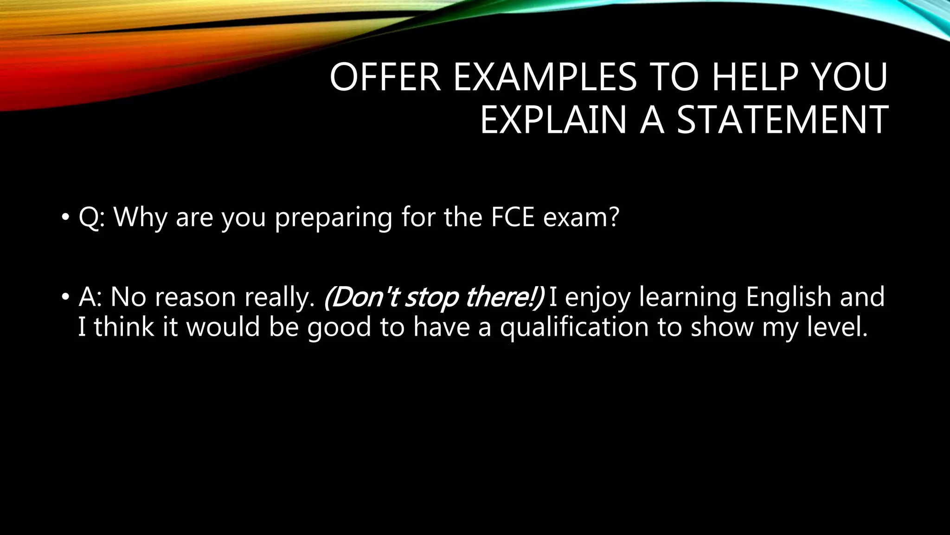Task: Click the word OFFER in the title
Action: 385,78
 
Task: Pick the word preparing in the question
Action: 334,217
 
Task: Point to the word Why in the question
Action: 140,217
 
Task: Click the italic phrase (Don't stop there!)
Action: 433,297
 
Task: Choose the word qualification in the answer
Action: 574,327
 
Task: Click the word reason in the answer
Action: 195,297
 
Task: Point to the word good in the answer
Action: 340,327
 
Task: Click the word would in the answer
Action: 223,326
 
